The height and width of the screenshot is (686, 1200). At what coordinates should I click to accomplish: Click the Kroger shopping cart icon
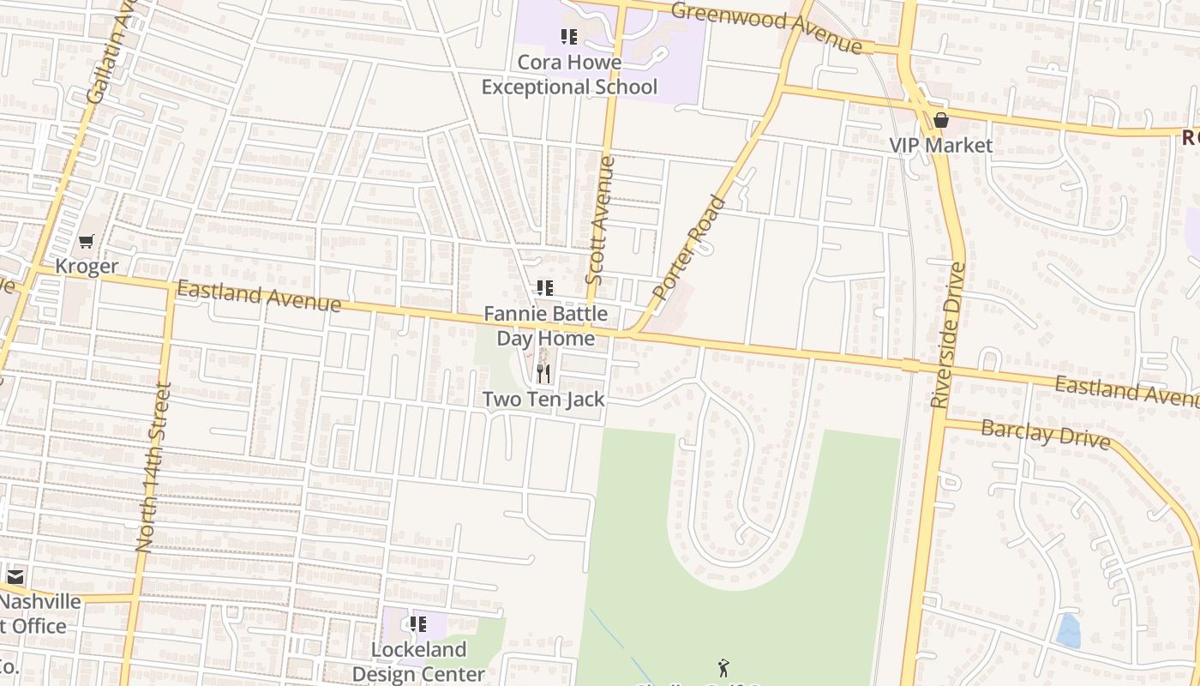pos(86,243)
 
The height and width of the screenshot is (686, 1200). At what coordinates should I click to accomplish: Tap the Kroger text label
pos(87,267)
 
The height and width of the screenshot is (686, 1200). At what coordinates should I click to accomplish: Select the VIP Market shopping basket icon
pos(941,121)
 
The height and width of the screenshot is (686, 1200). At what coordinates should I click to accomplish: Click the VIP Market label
pos(941,145)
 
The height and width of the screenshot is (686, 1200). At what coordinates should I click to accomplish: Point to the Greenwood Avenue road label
pos(766,27)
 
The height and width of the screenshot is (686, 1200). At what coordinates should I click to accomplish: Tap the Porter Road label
pos(688,248)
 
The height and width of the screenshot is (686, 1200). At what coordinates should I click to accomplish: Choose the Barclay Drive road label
pos(1045,434)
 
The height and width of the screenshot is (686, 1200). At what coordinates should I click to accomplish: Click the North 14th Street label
pos(153,467)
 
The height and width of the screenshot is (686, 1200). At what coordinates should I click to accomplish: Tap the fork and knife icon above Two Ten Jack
pos(543,374)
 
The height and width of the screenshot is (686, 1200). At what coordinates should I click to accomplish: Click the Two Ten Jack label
pos(543,399)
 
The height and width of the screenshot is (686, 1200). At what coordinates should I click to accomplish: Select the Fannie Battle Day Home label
pos(546,326)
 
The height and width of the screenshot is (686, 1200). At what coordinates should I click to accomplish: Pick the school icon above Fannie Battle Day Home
pos(544,288)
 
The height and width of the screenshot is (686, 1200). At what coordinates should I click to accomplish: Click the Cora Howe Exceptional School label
pos(569,75)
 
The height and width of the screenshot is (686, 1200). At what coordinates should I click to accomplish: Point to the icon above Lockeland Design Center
pos(418,624)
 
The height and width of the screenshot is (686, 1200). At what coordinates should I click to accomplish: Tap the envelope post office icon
pos(15,577)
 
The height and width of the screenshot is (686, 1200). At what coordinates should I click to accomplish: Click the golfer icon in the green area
pos(723,667)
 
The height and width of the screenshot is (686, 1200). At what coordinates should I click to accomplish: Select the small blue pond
pos(1068,631)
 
